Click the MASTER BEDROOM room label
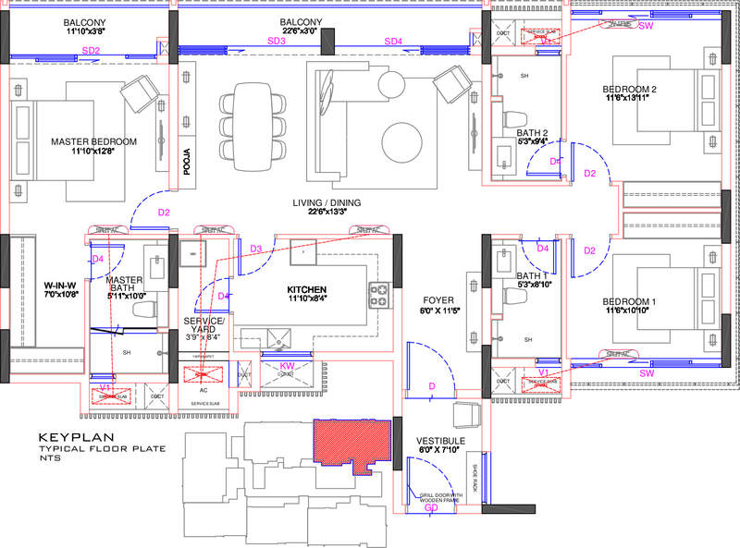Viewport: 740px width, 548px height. tap(93, 141)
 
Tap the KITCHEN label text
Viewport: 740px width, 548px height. tap(314, 290)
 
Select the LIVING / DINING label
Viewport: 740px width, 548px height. tap(323, 202)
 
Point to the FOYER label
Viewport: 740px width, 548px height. tap(438, 300)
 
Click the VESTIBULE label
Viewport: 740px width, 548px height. tap(438, 440)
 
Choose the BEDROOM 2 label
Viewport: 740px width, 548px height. tap(629, 89)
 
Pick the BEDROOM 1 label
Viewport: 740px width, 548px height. tap(629, 302)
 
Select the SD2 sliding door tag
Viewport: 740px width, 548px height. tap(91, 51)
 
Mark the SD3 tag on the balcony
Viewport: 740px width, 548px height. tap(276, 42)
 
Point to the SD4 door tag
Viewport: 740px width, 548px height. tap(393, 42)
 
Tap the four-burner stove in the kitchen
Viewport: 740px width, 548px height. tap(379, 295)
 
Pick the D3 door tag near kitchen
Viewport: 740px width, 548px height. tap(256, 249)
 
